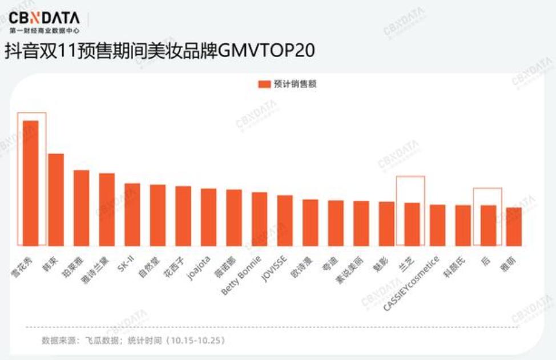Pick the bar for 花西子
click(183, 216)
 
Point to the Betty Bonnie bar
click(260, 219)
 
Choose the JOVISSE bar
click(285, 220)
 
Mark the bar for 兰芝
click(412, 224)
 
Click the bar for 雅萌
click(514, 226)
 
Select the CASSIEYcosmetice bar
click(437, 225)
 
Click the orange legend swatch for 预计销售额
click(264, 84)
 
